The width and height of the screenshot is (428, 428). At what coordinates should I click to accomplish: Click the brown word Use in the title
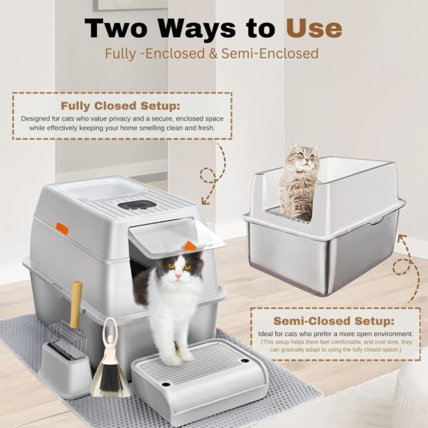[314, 29]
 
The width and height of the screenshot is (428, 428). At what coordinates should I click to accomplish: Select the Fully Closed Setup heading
[121, 106]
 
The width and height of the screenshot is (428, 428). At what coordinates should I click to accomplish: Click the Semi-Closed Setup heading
[334, 321]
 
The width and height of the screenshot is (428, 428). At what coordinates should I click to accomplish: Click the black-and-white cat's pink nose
[178, 277]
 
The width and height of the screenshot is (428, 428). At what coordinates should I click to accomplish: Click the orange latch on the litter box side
[62, 229]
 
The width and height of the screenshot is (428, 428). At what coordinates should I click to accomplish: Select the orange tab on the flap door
[190, 245]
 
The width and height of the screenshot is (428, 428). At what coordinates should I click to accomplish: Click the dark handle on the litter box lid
[137, 205]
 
